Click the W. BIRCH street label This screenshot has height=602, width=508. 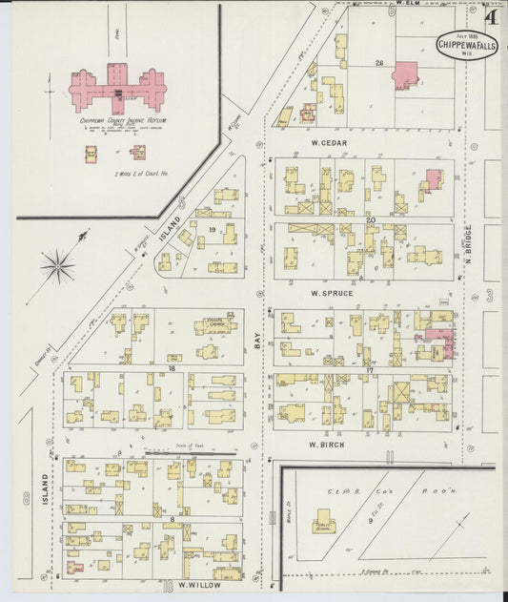click(x=327, y=444)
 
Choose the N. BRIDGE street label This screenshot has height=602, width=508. click(x=469, y=244)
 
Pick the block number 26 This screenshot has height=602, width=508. click(x=378, y=64)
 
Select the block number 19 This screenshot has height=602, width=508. click(x=201, y=230)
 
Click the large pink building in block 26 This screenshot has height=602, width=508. click(x=407, y=75)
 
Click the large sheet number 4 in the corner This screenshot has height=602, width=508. click(x=490, y=15)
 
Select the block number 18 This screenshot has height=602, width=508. click(x=173, y=367)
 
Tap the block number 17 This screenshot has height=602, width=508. click(x=368, y=367)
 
